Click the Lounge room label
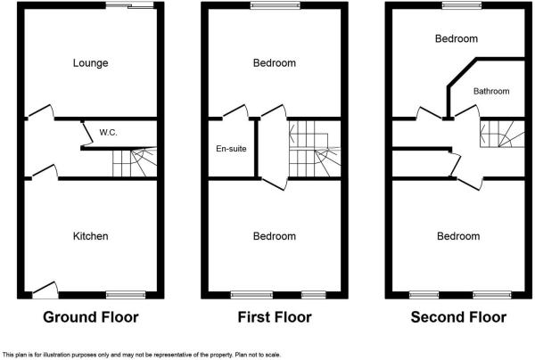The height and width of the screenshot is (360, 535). [90, 62]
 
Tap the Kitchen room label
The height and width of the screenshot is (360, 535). [90, 236]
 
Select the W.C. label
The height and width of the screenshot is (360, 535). [109, 133]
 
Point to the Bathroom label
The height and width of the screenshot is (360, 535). [490, 91]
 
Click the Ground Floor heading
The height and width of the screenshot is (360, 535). [90, 316]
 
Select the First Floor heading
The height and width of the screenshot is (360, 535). [274, 316]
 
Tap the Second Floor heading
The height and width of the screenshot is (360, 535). [458, 316]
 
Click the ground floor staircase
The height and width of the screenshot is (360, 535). [134, 163]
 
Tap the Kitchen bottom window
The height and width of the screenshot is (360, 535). [125, 294]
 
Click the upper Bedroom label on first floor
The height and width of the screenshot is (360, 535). [274, 62]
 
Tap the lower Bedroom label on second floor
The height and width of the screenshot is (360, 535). [458, 236]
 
